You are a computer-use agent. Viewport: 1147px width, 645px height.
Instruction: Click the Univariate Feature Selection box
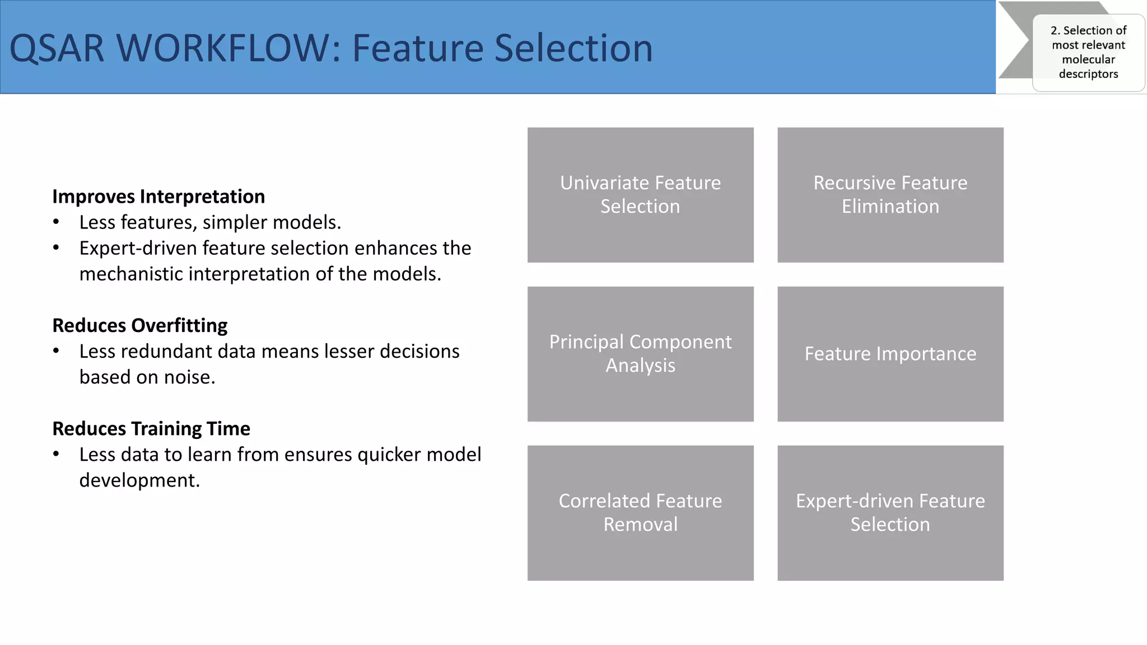640,195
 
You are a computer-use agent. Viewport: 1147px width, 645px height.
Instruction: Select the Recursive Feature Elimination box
890,195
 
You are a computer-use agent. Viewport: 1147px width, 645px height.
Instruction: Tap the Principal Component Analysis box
640,354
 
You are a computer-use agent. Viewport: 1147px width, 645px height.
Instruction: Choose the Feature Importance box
890,354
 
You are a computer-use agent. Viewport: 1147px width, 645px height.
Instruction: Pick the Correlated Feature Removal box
640,513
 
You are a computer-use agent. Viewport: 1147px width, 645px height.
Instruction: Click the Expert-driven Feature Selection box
890,513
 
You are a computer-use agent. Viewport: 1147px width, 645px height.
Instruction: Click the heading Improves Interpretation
158,197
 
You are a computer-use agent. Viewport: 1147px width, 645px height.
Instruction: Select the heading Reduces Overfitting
139,325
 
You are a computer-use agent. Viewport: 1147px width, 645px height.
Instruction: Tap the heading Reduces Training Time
151,428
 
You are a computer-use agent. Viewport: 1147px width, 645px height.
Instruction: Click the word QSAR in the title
57,48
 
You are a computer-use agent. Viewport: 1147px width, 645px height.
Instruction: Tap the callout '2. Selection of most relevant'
1088,38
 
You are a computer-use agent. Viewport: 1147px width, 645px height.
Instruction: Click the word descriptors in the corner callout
1088,74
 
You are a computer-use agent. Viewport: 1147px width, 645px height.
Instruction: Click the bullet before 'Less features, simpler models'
56,223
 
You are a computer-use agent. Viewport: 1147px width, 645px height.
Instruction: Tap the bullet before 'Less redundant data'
56,352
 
